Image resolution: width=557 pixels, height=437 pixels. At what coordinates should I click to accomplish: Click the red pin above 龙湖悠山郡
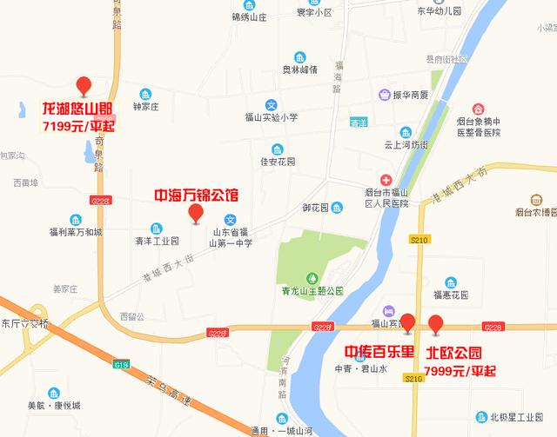(84, 85)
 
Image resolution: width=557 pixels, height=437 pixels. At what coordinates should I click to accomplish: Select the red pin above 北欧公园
(436, 325)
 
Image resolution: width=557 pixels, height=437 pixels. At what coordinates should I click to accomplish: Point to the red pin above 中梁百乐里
(406, 321)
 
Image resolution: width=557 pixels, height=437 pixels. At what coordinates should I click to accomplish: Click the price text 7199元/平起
(79, 127)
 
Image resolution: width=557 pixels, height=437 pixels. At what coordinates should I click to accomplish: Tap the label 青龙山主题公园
(312, 290)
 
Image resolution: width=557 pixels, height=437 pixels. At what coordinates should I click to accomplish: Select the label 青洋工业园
(157, 241)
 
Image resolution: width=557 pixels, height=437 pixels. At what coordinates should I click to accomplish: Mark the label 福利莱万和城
(76, 232)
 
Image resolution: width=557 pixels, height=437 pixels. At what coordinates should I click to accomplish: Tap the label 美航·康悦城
(53, 405)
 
